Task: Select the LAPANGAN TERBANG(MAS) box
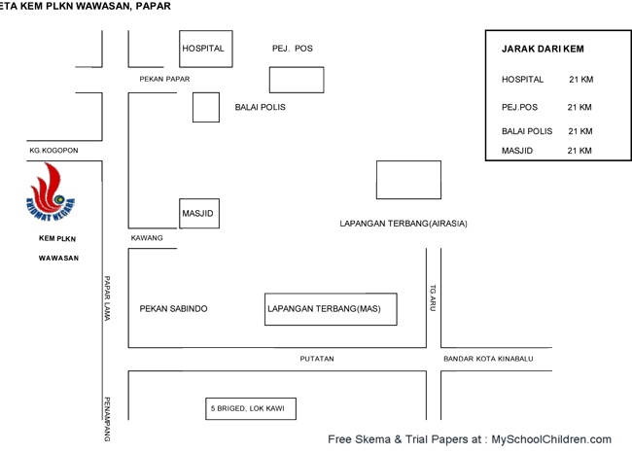tap(331, 308)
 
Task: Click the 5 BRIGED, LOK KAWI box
tap(251, 408)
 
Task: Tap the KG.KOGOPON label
tap(53, 151)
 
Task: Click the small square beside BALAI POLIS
tap(205, 107)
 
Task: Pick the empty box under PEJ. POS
tap(297, 80)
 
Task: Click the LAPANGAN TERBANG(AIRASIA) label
tap(404, 224)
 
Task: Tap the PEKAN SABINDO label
tap(173, 309)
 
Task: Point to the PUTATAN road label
tap(317, 359)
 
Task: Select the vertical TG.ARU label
tap(434, 297)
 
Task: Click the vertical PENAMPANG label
tap(108, 419)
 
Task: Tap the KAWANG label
tap(147, 238)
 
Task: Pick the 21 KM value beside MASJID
tap(579, 151)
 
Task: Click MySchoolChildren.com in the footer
tap(551, 439)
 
